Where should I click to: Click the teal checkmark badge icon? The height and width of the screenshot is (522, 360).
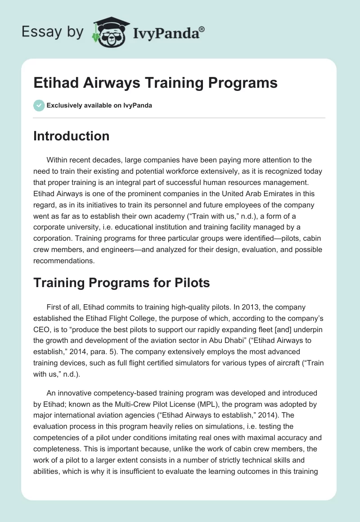pos(39,105)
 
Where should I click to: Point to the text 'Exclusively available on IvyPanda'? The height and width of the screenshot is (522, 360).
pos(99,106)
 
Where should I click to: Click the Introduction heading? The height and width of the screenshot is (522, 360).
pos(71,136)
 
